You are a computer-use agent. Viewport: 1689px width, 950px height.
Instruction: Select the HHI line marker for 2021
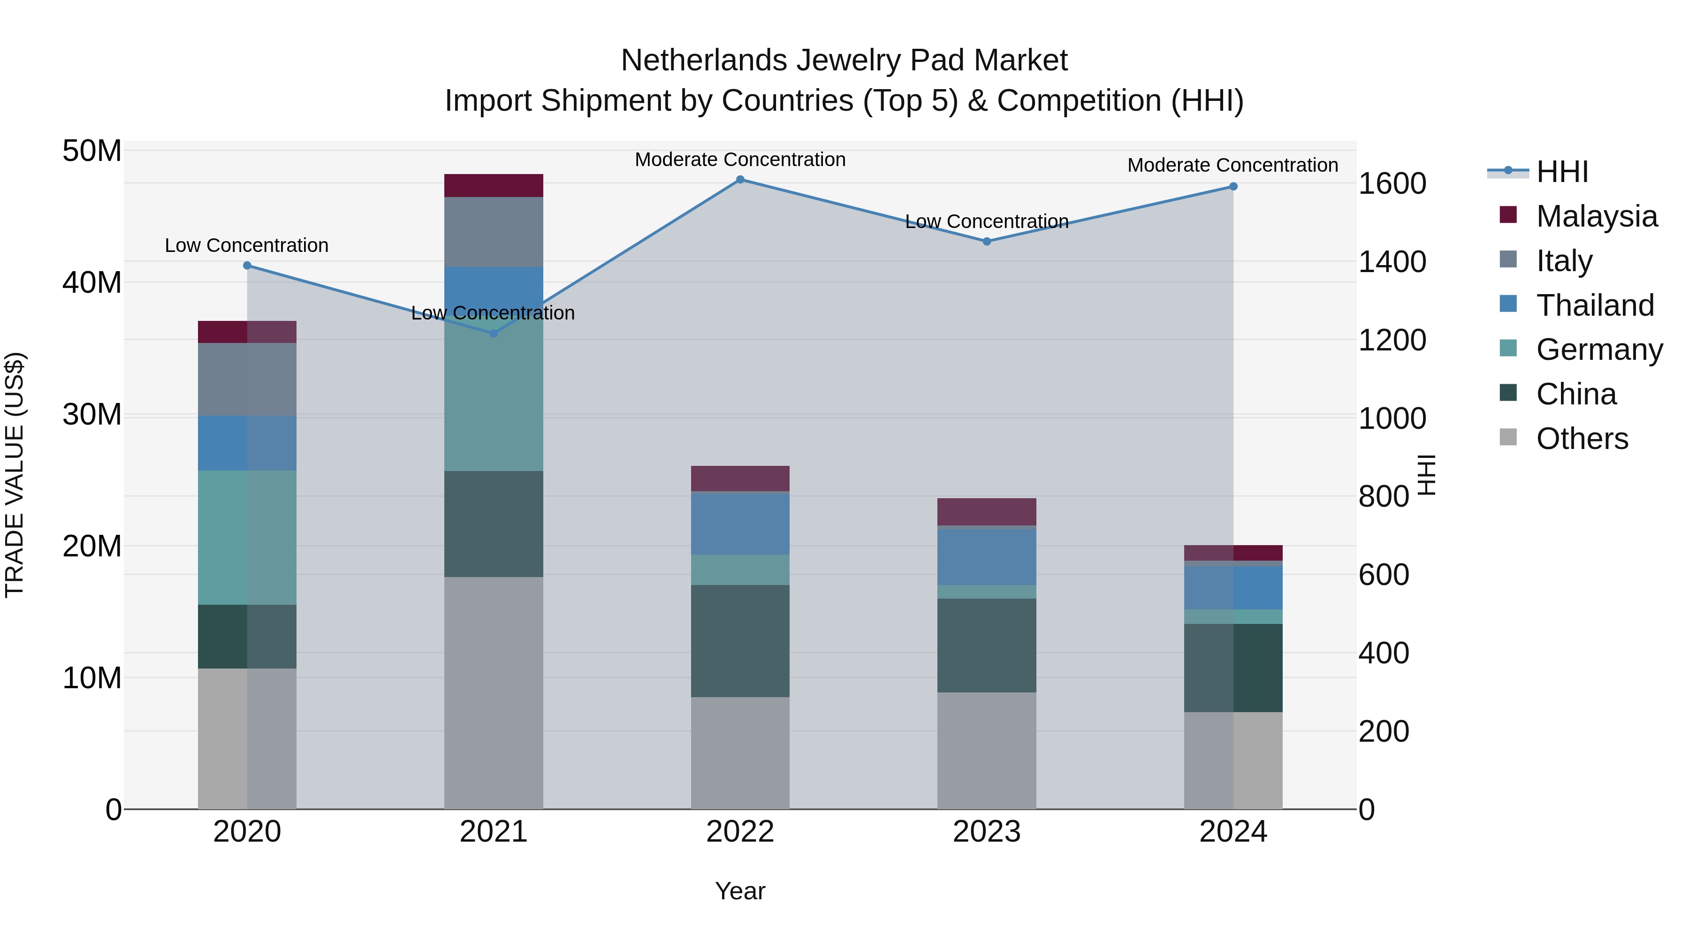point(494,334)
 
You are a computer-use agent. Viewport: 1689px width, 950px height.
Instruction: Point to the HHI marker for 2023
point(986,241)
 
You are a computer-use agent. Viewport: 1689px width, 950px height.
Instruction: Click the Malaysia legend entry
point(1596,216)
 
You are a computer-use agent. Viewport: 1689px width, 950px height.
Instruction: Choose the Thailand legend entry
point(1595,305)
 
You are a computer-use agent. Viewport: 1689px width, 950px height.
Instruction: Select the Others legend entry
point(1582,439)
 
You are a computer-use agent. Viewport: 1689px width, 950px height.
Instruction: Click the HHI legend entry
point(1562,172)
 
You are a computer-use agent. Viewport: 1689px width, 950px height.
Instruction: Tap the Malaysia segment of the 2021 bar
point(494,185)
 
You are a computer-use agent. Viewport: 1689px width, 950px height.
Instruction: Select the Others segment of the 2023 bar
point(986,751)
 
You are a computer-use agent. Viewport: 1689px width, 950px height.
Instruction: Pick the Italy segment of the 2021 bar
point(494,232)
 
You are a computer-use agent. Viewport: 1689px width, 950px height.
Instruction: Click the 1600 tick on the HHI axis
point(1392,184)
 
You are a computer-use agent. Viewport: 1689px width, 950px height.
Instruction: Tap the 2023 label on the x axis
point(986,832)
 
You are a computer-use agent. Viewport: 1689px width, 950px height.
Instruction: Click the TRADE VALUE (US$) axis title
point(15,475)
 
